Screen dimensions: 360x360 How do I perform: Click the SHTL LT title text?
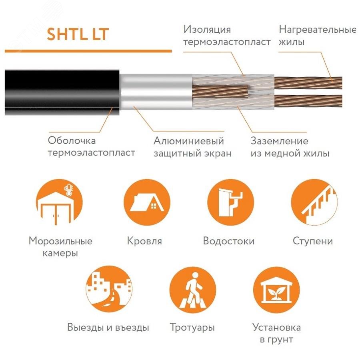click(x=77, y=34)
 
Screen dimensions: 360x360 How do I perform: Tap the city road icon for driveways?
click(x=109, y=289)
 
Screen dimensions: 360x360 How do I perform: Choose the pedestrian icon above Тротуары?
click(x=192, y=289)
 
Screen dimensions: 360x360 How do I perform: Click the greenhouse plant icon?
click(x=276, y=289)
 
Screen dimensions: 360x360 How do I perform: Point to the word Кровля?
click(x=144, y=242)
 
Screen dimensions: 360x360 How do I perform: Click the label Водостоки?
click(x=229, y=241)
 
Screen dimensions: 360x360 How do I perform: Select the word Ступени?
click(x=313, y=241)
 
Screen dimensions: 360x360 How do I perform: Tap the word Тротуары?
click(x=192, y=328)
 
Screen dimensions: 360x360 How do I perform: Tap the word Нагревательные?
click(x=317, y=30)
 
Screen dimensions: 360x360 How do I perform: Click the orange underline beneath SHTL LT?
click(x=88, y=51)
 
